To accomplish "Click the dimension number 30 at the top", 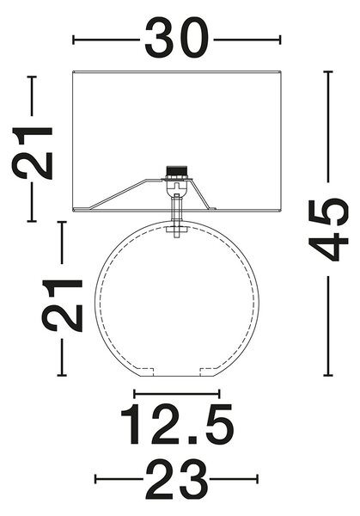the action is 176,38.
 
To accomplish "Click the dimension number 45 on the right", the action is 328,230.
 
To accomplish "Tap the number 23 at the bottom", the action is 176,479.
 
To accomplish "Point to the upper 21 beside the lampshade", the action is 32,153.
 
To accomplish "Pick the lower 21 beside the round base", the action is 62,305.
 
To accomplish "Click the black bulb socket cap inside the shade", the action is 175,172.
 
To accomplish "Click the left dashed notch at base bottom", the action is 145,372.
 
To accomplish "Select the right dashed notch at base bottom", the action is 209,372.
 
